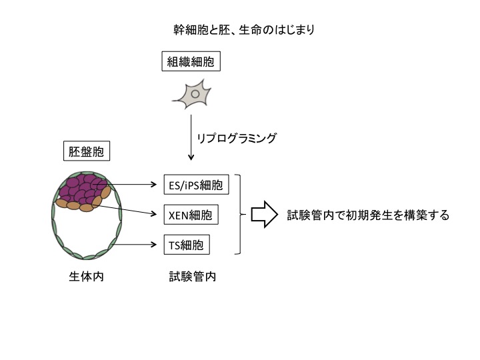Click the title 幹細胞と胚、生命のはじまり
click(244, 30)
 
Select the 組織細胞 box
click(191, 61)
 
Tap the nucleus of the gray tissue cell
click(195, 94)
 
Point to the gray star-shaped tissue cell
click(193, 94)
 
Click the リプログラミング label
click(236, 138)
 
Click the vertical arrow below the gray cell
click(191, 137)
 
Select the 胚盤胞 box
click(87, 151)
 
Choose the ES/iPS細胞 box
click(196, 185)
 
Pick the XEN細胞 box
click(191, 215)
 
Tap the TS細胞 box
click(187, 245)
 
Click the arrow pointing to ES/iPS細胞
click(126, 184)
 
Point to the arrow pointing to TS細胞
click(135, 244)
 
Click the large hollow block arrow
click(264, 215)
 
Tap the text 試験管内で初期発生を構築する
click(368, 215)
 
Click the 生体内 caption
click(87, 277)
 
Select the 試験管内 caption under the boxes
click(193, 277)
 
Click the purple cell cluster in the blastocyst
click(83, 188)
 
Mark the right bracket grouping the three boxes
click(240, 214)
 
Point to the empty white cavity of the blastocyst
click(87, 229)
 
